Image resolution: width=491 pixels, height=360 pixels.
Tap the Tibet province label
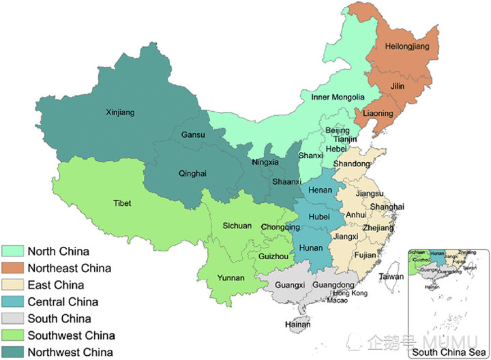(123, 202)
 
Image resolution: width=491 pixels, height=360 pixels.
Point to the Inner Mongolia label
(338, 97)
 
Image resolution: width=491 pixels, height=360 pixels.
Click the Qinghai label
(192, 173)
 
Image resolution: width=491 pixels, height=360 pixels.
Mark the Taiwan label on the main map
(391, 277)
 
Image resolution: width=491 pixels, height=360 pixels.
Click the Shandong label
(352, 163)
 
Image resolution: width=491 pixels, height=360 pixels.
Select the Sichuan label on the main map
(238, 226)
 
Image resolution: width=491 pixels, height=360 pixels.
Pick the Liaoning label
(378, 112)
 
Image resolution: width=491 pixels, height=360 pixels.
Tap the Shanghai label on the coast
(387, 207)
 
